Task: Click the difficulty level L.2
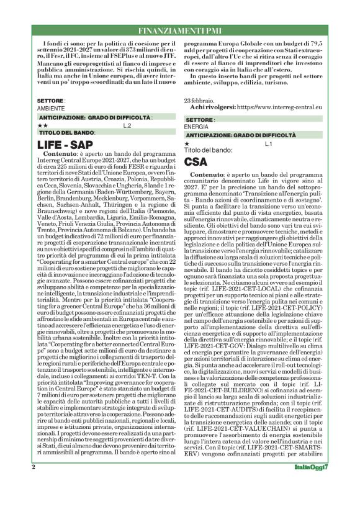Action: [x=127, y=125]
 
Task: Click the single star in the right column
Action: [x=187, y=144]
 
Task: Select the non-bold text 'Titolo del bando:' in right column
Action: [x=208, y=151]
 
